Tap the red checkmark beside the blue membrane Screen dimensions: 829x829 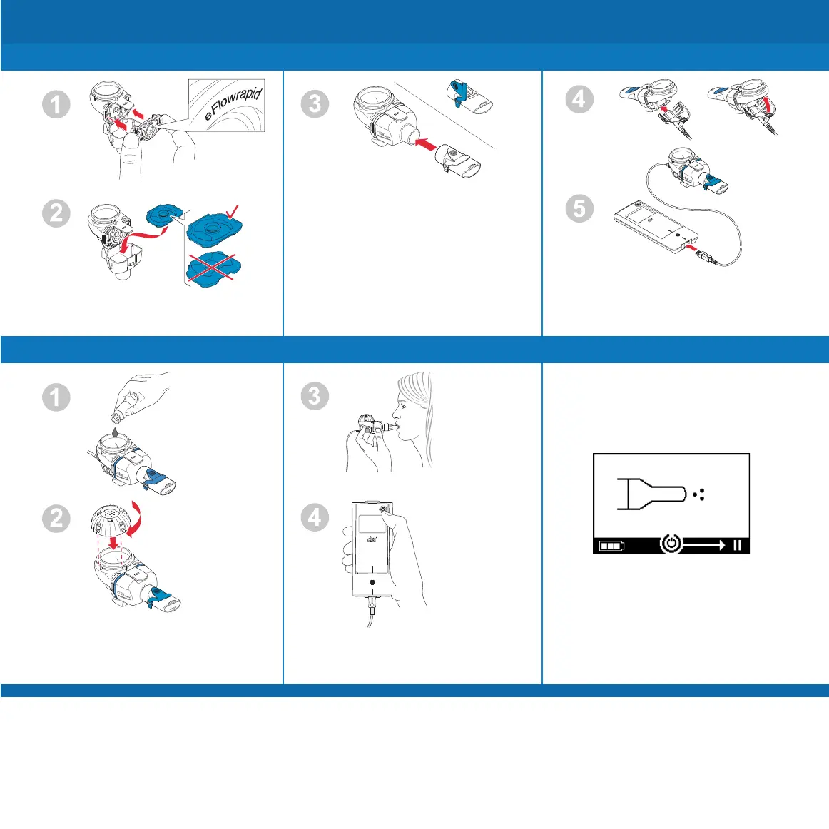click(233, 210)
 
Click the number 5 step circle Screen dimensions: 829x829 click(580, 208)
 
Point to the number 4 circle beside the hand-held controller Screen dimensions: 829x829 click(315, 517)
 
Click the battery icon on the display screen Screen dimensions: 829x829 click(611, 546)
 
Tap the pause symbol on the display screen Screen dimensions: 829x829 click(737, 546)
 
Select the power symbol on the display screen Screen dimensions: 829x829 click(671, 545)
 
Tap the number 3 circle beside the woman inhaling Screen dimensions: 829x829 click(315, 396)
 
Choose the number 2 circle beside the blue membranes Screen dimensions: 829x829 click(56, 213)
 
